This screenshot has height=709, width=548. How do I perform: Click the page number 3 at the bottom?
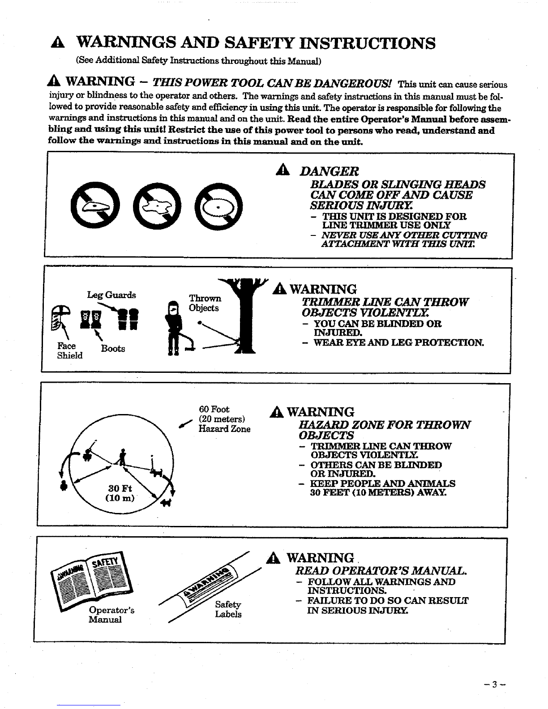tap(494, 684)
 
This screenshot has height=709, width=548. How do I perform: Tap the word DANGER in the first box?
tap(329, 171)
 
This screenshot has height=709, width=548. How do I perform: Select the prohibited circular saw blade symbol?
tap(218, 207)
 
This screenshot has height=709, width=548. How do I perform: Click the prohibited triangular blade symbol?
tap(95, 205)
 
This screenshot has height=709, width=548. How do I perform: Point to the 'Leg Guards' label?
tap(111, 295)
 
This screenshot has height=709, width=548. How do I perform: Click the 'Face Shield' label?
tap(70, 350)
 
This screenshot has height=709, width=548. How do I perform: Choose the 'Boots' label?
tap(113, 349)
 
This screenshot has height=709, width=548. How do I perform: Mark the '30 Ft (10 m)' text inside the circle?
tap(120, 493)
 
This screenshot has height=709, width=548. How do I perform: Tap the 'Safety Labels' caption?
tap(228, 609)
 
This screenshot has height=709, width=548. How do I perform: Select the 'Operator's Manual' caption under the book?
tap(111, 615)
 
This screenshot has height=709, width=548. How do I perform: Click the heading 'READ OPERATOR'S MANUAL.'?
tap(381, 571)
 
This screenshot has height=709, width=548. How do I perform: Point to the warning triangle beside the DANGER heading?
tap(283, 170)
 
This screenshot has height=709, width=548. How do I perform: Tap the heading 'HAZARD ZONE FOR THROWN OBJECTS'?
tap(385, 430)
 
